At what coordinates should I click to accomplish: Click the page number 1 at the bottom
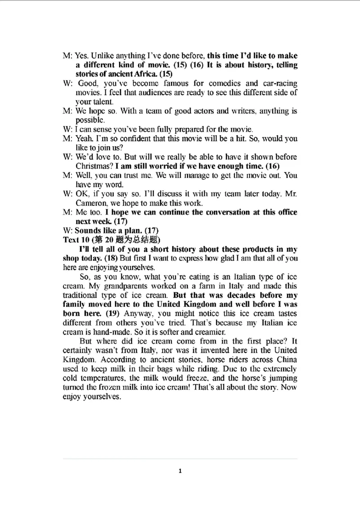tap(180, 471)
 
